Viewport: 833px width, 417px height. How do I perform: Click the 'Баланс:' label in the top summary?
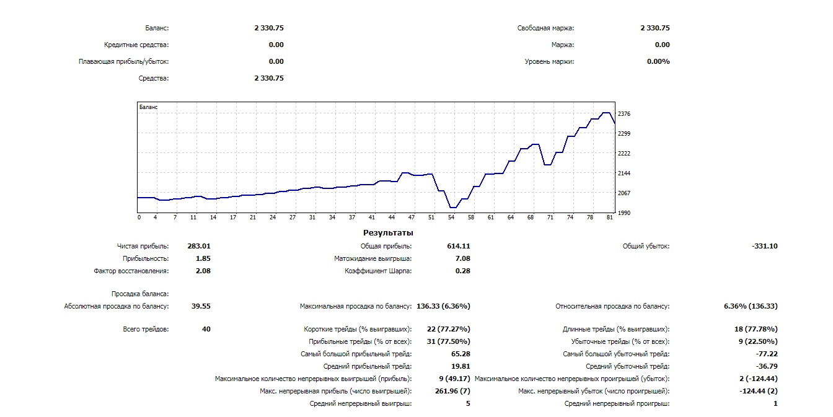point(157,28)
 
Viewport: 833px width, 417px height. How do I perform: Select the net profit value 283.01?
point(199,246)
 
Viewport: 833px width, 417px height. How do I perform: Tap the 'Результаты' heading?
point(388,233)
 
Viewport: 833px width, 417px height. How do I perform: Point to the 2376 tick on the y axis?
point(624,114)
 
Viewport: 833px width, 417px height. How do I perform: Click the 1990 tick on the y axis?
point(624,213)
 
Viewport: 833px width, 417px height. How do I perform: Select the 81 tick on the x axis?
point(610,217)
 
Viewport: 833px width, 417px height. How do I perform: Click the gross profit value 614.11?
point(458,246)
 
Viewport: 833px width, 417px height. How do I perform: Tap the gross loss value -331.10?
point(765,246)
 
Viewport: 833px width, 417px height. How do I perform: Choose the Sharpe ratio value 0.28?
point(462,271)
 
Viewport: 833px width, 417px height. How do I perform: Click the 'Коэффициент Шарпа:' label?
point(378,271)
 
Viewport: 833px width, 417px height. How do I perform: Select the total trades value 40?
point(206,329)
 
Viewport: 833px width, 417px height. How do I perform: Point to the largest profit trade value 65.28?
point(460,354)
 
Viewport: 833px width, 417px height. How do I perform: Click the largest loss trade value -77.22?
point(766,354)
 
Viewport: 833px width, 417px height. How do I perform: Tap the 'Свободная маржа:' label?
point(545,28)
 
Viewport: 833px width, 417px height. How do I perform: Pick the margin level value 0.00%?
point(658,61)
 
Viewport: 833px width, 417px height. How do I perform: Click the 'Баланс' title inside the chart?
point(149,107)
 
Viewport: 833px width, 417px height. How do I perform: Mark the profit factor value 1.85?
point(203,258)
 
